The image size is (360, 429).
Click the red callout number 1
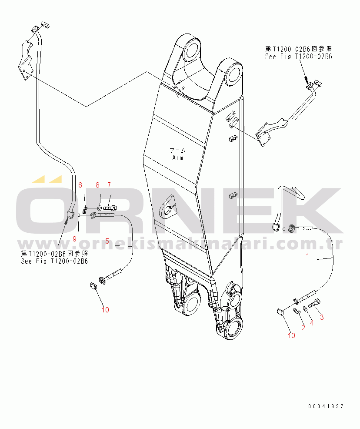pyautogui.click(x=308, y=256)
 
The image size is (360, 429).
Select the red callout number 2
pyautogui.click(x=303, y=328)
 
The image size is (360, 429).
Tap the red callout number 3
pyautogui.click(x=322, y=317)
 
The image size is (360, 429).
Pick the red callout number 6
pyautogui.click(x=80, y=185)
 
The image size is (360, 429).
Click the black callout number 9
pyautogui.click(x=74, y=238)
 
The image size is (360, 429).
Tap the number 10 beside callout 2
pyautogui.click(x=291, y=335)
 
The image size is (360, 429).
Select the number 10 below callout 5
pyautogui.click(x=105, y=310)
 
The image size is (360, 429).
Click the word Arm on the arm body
pyautogui.click(x=177, y=158)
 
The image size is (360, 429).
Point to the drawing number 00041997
pyautogui.click(x=326, y=406)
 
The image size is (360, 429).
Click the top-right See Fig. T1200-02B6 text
pyautogui.click(x=299, y=57)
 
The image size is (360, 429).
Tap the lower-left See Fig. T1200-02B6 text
pyautogui.click(x=54, y=261)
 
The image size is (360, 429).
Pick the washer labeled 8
pyautogui.click(x=99, y=208)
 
